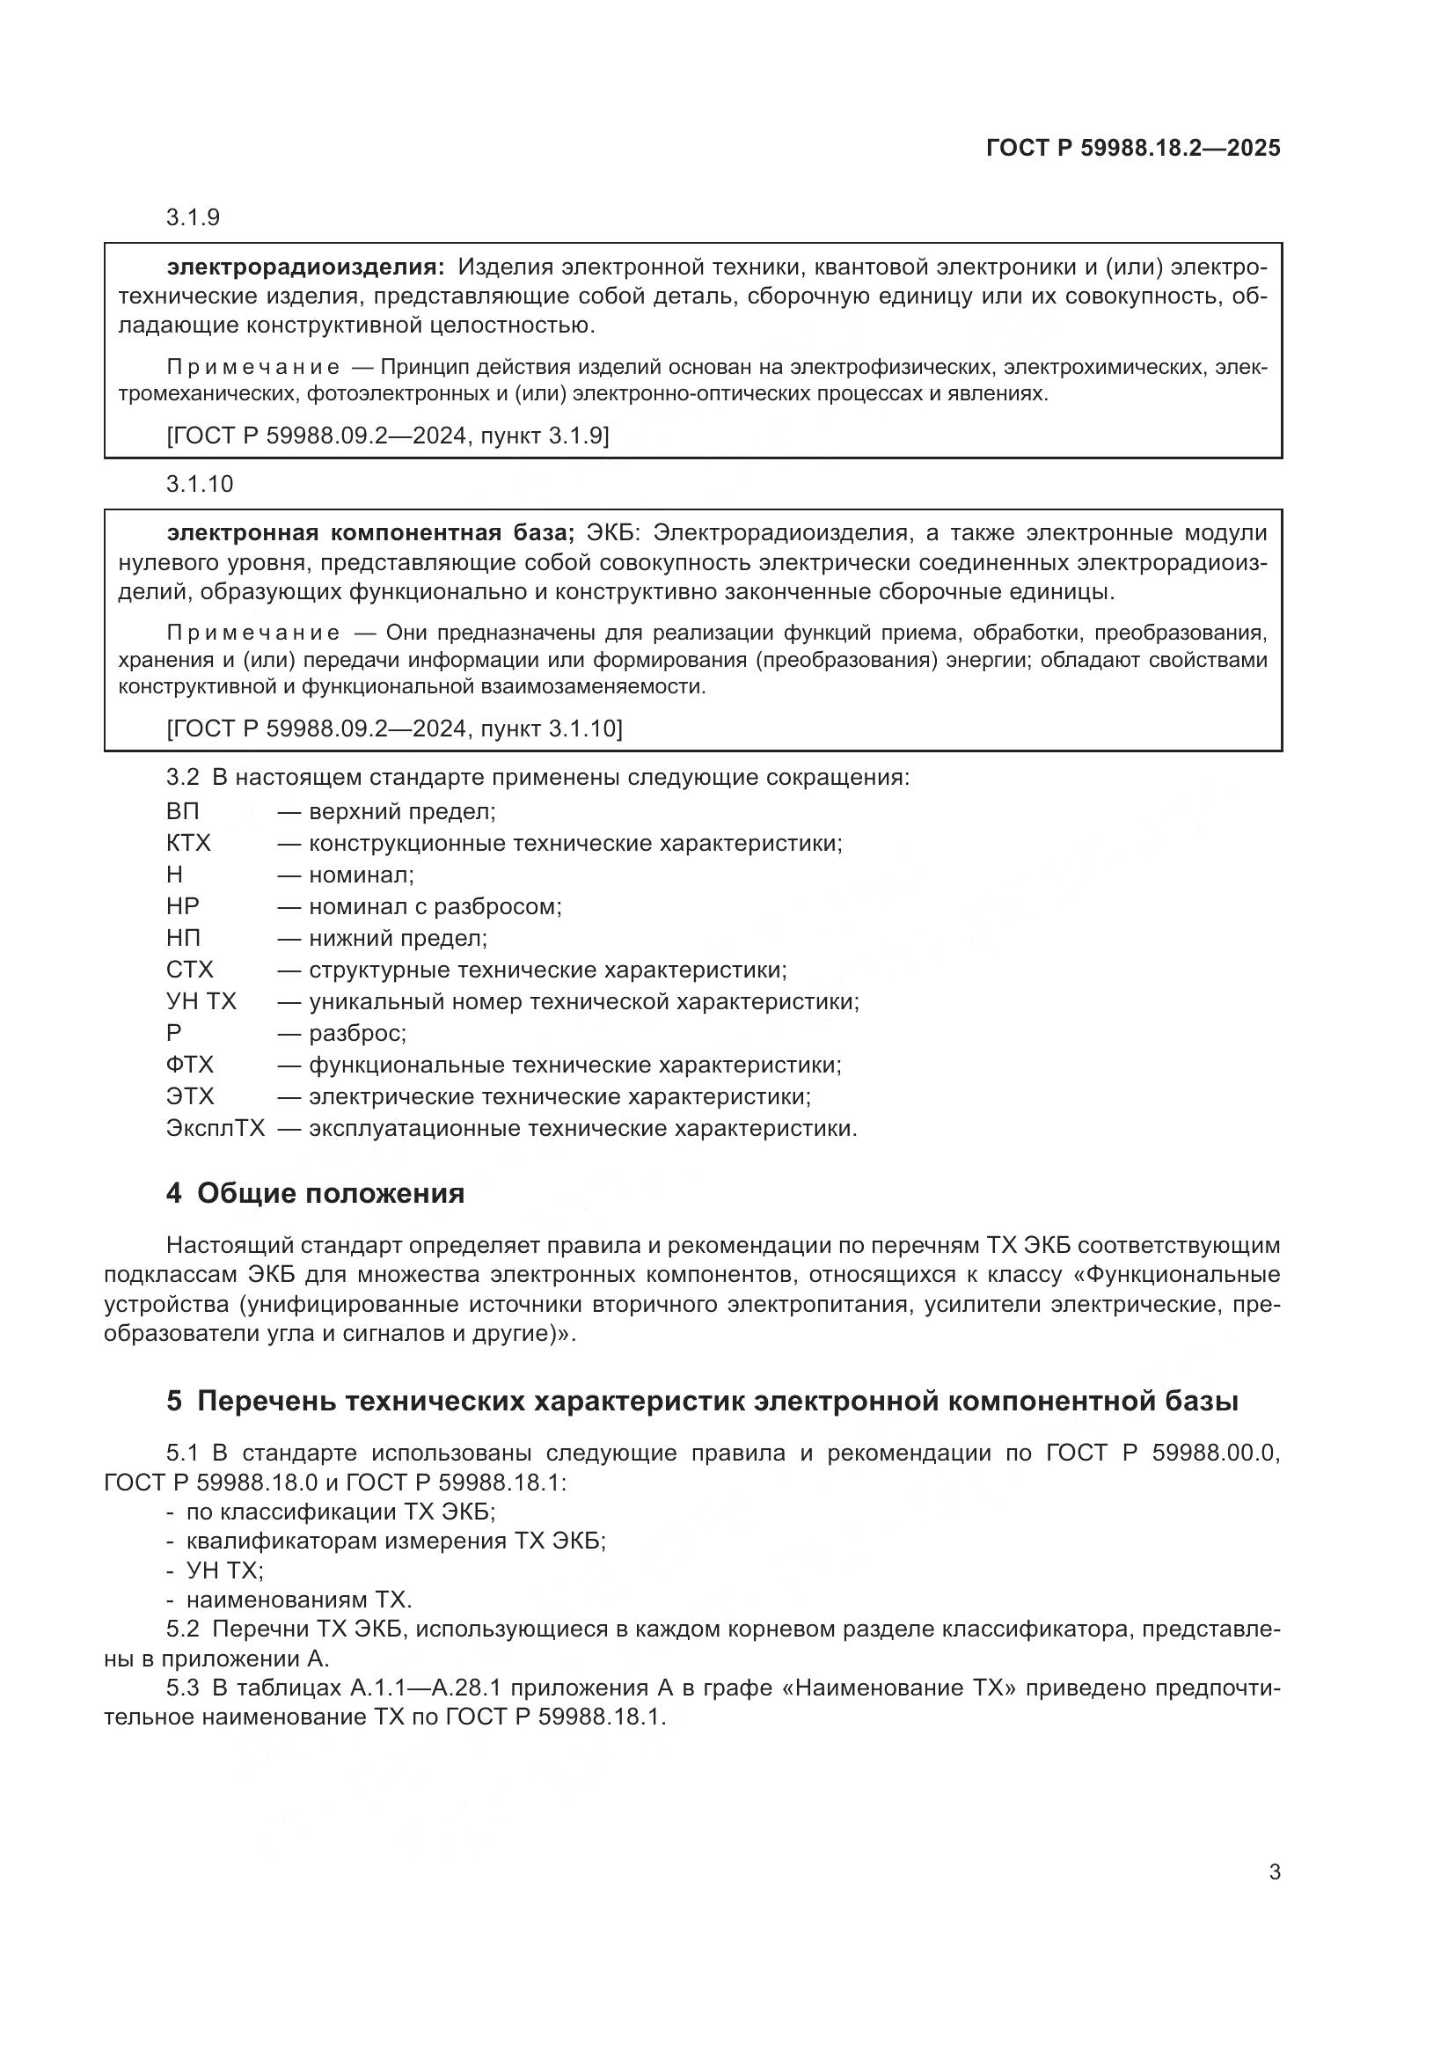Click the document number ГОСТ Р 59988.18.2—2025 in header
point(1132,148)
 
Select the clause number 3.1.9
point(193,218)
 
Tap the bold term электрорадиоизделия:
point(304,267)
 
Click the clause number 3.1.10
point(199,484)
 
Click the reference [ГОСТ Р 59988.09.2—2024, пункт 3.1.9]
point(387,436)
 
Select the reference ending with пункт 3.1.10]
point(394,729)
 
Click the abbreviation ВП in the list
point(183,812)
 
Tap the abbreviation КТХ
point(188,844)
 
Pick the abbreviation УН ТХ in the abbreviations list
point(201,1002)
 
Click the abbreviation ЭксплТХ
point(215,1129)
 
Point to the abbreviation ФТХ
point(190,1065)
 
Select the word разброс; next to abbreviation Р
point(357,1034)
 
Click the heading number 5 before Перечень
point(174,1401)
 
